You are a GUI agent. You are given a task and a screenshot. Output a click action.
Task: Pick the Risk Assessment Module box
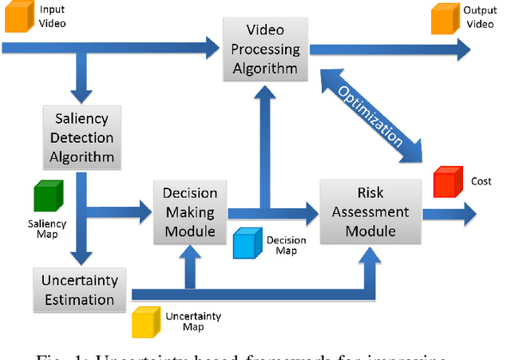[x=370, y=212]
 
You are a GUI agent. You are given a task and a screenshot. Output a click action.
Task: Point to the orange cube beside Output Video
[x=446, y=19]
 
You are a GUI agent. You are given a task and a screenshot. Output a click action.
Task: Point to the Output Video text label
[x=479, y=18]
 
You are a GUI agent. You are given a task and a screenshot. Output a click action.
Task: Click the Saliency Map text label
[x=48, y=229]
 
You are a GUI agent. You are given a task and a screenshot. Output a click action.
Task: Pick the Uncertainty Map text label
[x=193, y=322]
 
